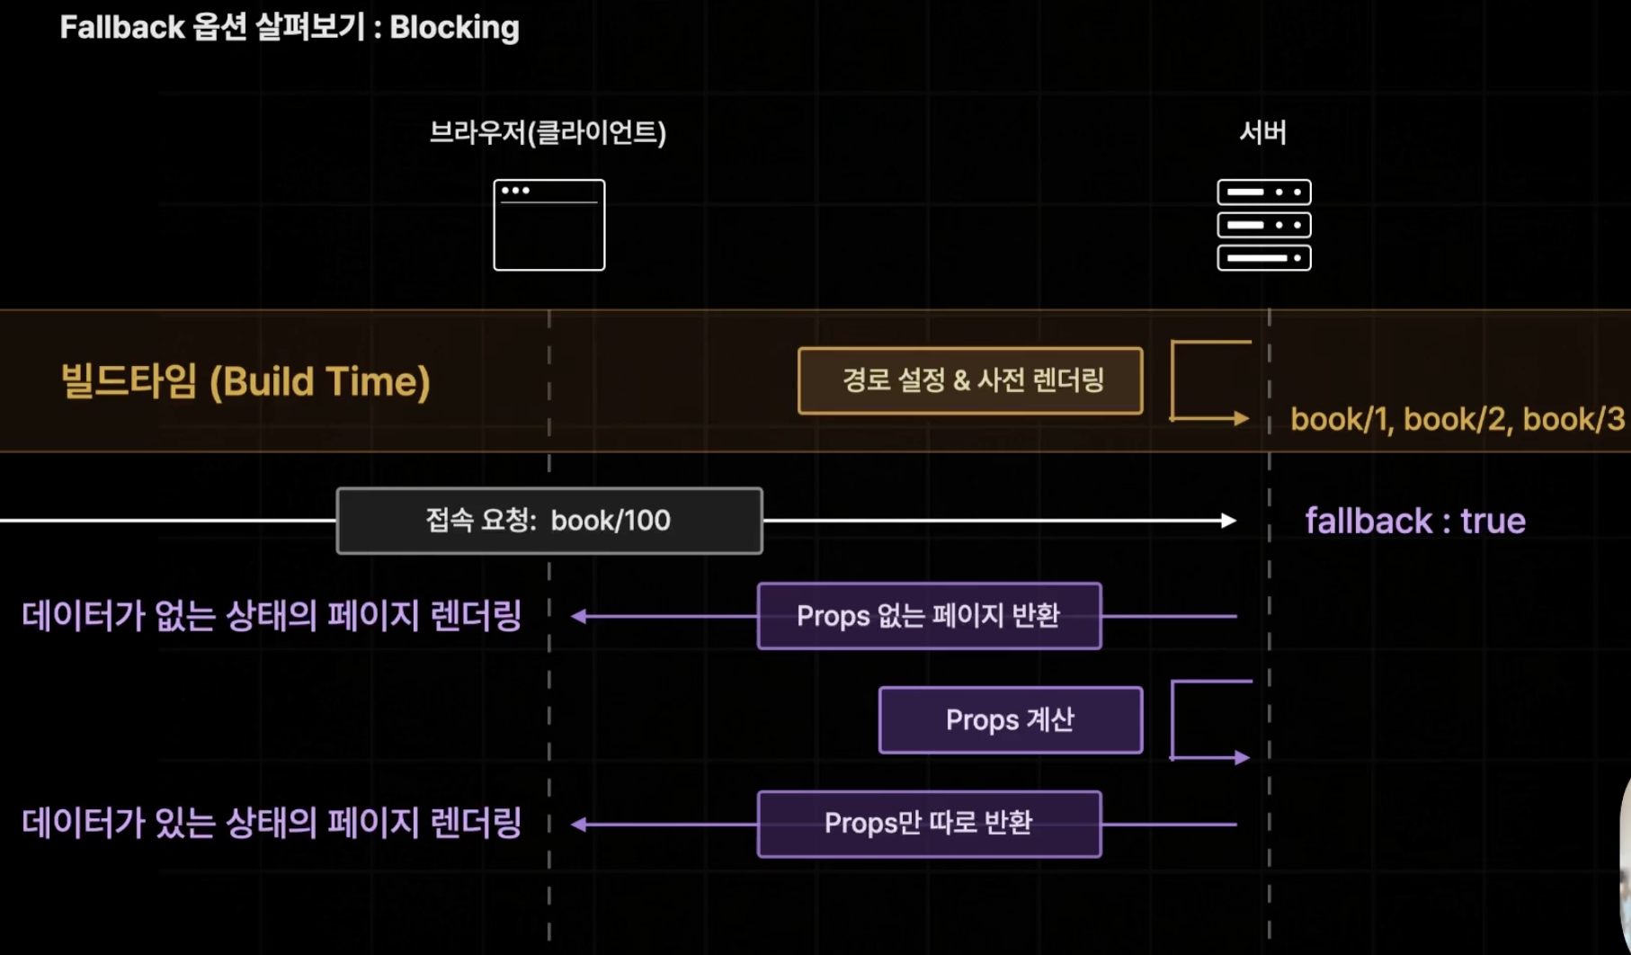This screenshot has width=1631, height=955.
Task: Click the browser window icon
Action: tap(548, 225)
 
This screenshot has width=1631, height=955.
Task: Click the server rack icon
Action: tap(1263, 225)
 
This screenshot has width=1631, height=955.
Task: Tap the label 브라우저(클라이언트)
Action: tap(548, 133)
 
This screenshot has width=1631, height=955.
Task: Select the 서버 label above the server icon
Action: tap(1262, 133)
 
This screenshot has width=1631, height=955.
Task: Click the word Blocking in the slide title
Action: tap(454, 28)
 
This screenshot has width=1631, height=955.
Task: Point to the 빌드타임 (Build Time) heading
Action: tap(245, 381)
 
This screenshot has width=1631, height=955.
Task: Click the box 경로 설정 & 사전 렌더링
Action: tap(970, 380)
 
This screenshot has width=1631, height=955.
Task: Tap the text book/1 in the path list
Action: tap(1340, 419)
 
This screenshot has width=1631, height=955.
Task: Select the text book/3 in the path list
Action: tap(1573, 419)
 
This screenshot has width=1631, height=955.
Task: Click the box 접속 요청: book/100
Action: tap(548, 521)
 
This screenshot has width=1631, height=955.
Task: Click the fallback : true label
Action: tap(1414, 522)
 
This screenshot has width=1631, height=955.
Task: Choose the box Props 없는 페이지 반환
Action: tap(929, 616)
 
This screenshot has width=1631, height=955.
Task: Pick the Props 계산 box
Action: tap(1010, 720)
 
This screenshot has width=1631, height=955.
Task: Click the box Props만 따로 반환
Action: tap(929, 824)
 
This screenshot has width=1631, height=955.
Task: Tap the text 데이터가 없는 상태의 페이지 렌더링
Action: tap(272, 616)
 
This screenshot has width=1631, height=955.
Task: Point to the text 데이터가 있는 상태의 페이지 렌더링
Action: tap(272, 823)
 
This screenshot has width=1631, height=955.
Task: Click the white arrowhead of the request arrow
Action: tap(1228, 521)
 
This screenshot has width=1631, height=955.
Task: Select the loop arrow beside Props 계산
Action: tap(1209, 720)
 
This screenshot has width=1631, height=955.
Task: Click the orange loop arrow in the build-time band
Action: tap(1209, 380)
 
